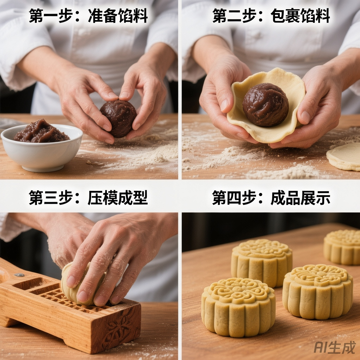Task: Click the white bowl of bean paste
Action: [x=41, y=149]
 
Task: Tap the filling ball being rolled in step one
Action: [x=118, y=118]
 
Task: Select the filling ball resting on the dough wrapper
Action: [x=266, y=105]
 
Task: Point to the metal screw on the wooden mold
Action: [x=20, y=275]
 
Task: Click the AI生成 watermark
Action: [x=335, y=347]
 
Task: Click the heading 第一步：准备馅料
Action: [x=88, y=15]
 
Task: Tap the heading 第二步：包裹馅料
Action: [x=271, y=15]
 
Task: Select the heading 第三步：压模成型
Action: [x=88, y=198]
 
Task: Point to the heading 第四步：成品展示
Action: [x=271, y=198]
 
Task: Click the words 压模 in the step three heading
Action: [x=103, y=198]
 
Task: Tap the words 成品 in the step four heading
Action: [x=285, y=198]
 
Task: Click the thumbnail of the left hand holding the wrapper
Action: [x=224, y=104]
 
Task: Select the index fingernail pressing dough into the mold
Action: [x=71, y=281]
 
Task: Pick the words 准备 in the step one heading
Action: [x=103, y=15]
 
